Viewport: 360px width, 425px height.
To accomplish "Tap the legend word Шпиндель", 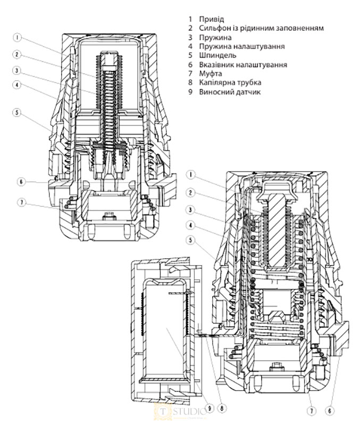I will (x=215, y=55).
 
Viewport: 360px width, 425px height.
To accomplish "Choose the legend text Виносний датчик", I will (x=228, y=92).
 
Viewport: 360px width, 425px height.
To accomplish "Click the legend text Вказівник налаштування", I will (x=241, y=64).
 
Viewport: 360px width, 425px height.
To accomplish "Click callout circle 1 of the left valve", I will (x=18, y=38).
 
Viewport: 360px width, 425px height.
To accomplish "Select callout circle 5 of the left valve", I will (x=18, y=113).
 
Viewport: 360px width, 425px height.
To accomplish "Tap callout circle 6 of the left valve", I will (x=21, y=182).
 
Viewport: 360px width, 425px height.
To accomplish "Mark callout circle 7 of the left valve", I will (x=21, y=203).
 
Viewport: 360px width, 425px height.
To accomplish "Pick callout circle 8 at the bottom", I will (x=222, y=408).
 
